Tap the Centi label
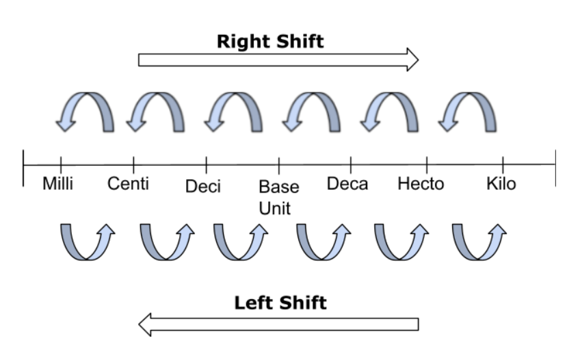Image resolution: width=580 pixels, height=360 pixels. click(x=129, y=184)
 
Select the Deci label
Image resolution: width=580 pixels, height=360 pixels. click(x=203, y=186)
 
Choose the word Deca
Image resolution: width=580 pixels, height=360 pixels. click(x=347, y=184)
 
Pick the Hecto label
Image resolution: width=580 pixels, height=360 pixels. click(x=421, y=184)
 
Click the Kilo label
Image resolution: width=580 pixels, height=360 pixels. click(x=501, y=184)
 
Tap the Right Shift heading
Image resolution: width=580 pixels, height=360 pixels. click(x=269, y=42)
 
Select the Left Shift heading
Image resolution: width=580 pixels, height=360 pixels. click(x=280, y=303)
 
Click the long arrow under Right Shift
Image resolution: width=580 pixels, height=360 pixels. click(x=278, y=60)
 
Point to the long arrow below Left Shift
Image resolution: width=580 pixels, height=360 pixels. click(x=278, y=324)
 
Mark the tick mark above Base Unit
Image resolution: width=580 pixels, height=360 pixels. click(x=278, y=165)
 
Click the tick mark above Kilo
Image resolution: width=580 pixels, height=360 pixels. click(x=503, y=165)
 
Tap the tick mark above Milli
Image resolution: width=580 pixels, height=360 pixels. click(x=61, y=165)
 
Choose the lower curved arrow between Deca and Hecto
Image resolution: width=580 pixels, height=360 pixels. click(x=401, y=242)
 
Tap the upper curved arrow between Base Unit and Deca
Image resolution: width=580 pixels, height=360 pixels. click(x=313, y=112)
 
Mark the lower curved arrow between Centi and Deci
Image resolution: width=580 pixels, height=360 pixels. click(x=165, y=242)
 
